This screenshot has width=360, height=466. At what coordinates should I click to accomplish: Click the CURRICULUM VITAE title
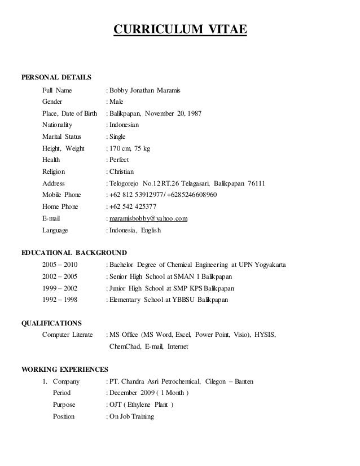(180, 29)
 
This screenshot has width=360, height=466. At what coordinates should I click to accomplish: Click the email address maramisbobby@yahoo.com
(148, 218)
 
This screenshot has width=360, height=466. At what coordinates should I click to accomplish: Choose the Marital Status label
(62, 137)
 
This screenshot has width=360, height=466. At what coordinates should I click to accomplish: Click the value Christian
(125, 172)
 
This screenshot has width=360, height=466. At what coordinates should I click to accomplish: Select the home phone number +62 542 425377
(133, 206)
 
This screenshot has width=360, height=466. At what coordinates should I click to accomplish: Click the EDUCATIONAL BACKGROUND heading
(73, 252)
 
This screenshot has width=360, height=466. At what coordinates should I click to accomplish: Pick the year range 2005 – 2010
(60, 265)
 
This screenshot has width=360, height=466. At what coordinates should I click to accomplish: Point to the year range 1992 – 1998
(60, 300)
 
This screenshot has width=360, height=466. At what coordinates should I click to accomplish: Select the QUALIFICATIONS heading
(51, 323)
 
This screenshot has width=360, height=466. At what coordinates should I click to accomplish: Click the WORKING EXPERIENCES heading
(64, 370)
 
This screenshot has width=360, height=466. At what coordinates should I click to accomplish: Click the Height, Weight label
(63, 148)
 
